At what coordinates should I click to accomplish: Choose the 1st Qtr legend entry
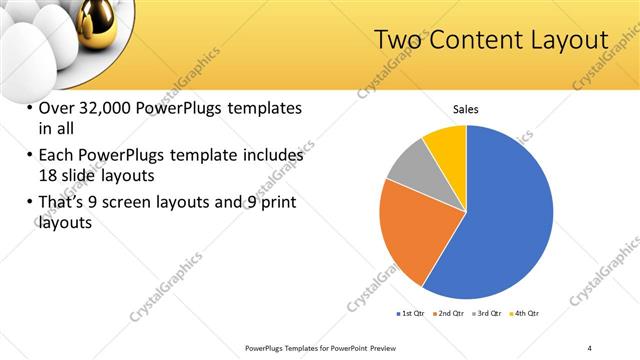click(410, 314)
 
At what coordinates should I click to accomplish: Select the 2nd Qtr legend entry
click(449, 314)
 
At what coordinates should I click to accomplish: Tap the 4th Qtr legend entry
click(526, 314)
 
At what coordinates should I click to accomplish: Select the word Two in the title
click(397, 40)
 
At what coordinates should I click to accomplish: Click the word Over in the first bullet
click(58, 108)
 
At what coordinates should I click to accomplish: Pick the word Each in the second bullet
click(58, 155)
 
